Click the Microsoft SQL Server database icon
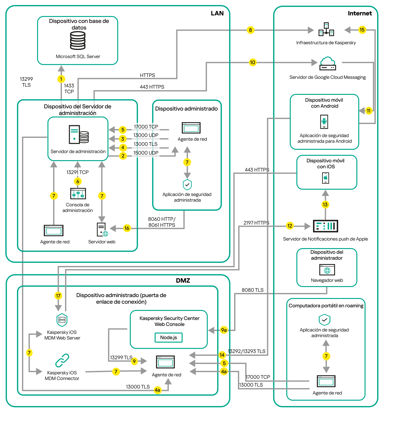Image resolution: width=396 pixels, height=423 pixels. pyautogui.click(x=78, y=41)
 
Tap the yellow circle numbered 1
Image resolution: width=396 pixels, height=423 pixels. pyautogui.click(x=61, y=79)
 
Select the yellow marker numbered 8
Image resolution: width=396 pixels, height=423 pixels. pyautogui.click(x=250, y=30)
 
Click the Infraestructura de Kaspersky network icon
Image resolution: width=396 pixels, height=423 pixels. pyautogui.click(x=326, y=30)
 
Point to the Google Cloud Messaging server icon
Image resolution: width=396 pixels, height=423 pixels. pyautogui.click(x=327, y=64)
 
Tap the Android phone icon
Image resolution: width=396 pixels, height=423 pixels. pyautogui.click(x=324, y=122)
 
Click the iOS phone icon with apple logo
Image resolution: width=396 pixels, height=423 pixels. pyautogui.click(x=326, y=178)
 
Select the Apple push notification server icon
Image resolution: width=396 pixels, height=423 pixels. pyautogui.click(x=326, y=226)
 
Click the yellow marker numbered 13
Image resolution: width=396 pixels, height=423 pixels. pyautogui.click(x=325, y=205)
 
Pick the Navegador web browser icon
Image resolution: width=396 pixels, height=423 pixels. pyautogui.click(x=327, y=270)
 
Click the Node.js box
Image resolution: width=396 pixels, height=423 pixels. pyautogui.click(x=168, y=338)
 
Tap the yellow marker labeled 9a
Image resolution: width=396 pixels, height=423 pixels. pyautogui.click(x=224, y=330)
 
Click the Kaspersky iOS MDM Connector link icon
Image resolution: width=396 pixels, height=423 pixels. pyautogui.click(x=62, y=361)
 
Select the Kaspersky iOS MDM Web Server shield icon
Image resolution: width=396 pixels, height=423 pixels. pyautogui.click(x=62, y=320)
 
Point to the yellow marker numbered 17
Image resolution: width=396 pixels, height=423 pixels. pyautogui.click(x=58, y=296)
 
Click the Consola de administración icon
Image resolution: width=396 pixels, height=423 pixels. pyautogui.click(x=78, y=194)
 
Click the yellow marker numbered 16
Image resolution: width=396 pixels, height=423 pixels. pyautogui.click(x=127, y=228)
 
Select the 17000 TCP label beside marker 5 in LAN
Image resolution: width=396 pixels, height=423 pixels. pyautogui.click(x=146, y=127)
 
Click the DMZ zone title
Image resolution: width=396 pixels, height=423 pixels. pyautogui.click(x=183, y=280)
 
